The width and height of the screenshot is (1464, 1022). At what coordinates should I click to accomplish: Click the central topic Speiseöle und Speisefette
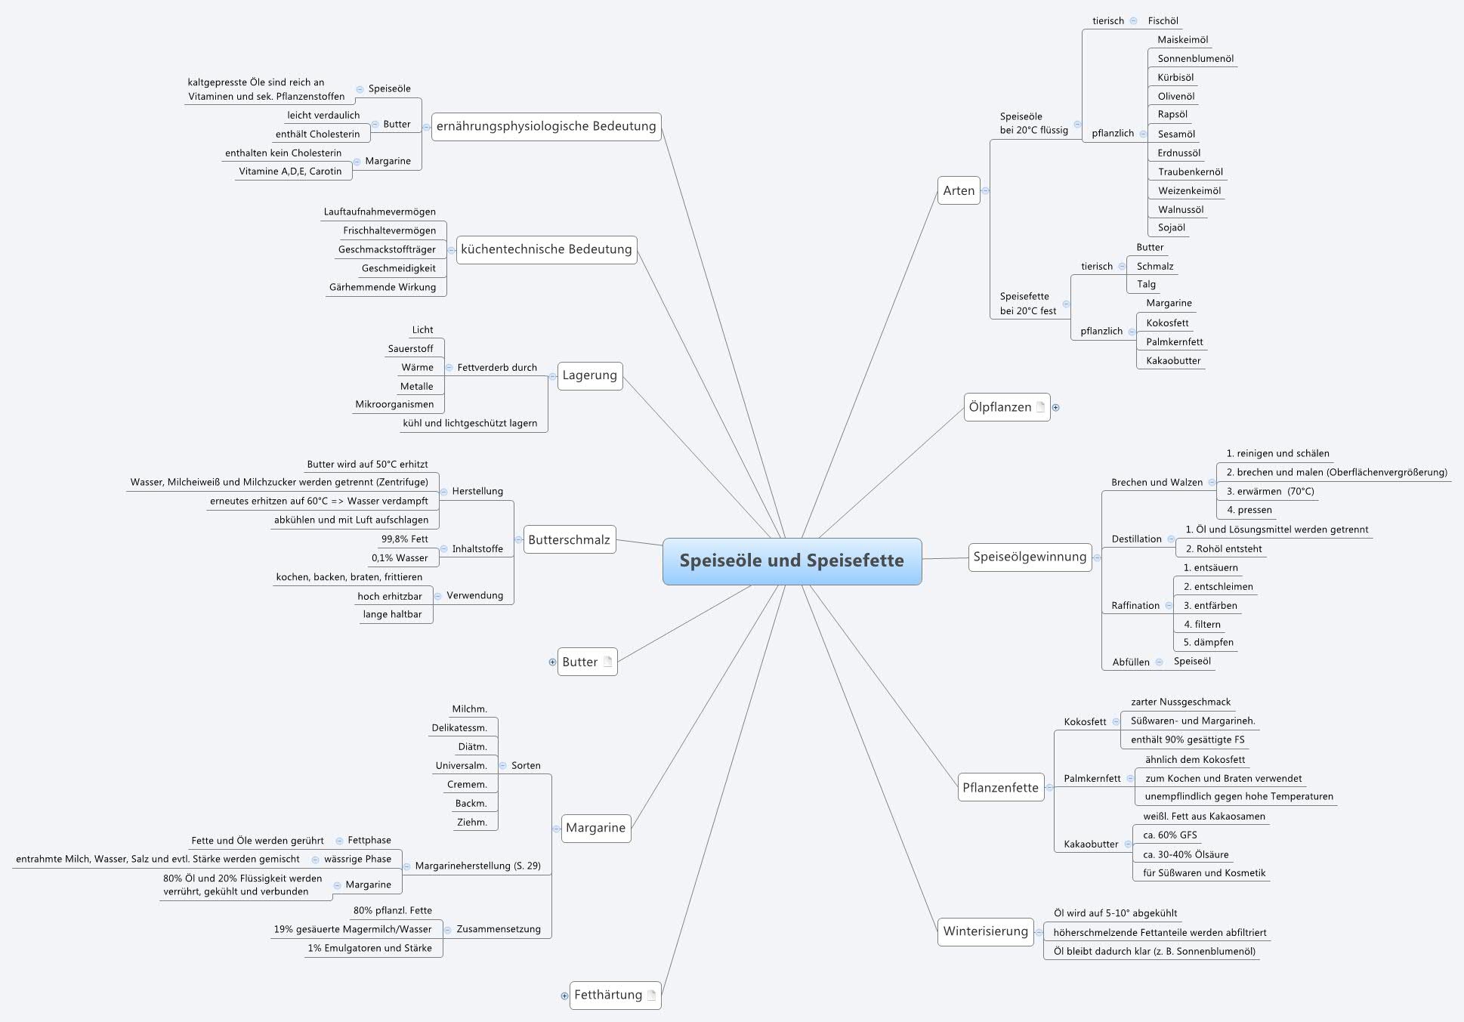point(792,560)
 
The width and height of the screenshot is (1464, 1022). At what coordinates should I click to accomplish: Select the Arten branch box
point(959,190)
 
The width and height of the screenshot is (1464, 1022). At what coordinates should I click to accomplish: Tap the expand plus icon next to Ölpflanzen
point(1056,407)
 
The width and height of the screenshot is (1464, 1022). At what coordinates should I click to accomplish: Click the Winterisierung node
point(985,931)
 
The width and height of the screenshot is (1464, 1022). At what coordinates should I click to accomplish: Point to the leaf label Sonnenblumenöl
point(1195,58)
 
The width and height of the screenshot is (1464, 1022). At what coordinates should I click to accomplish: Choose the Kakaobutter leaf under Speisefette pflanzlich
point(1172,360)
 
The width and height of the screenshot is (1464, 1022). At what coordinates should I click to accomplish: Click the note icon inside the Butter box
point(608,662)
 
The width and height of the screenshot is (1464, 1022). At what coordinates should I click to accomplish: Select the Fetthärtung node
point(607,995)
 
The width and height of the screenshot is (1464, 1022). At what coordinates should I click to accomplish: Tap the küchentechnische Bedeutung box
point(546,249)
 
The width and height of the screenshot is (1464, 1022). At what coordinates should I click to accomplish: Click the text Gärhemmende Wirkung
point(382,287)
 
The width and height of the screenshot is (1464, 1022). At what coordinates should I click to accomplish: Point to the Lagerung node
point(589,375)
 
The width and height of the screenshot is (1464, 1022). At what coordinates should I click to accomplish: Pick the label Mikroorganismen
point(394,404)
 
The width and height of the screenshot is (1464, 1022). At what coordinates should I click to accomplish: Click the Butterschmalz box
point(569,539)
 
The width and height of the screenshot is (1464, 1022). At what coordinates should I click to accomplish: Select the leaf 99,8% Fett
point(404,539)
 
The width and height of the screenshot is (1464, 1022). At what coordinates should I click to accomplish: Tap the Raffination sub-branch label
point(1135,605)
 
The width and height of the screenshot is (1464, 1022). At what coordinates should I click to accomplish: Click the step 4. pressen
point(1249,510)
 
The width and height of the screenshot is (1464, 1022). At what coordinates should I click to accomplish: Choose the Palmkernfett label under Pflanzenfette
point(1092,778)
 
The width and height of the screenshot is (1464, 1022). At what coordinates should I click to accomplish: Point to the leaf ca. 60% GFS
point(1169,835)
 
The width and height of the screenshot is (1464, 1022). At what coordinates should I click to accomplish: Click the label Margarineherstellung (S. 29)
point(477,866)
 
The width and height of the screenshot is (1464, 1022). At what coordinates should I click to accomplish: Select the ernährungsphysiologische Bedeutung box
point(546,126)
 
